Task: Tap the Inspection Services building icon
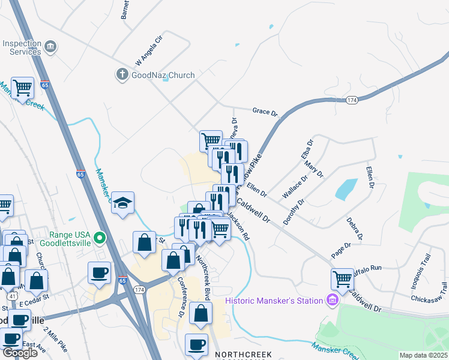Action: (50, 47)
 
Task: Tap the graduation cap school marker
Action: (122, 203)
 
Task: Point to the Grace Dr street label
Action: (265, 112)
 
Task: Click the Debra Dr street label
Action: (354, 229)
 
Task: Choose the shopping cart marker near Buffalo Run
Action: (342, 278)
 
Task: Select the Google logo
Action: (20, 352)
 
